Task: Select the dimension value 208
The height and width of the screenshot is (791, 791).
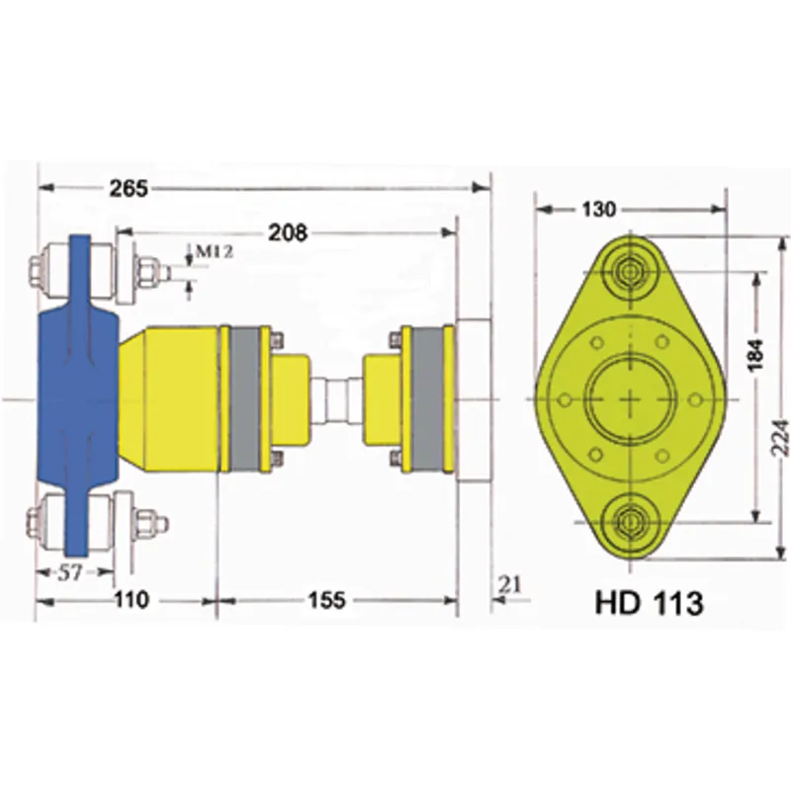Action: tap(288, 232)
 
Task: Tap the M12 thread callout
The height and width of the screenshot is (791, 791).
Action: tap(213, 252)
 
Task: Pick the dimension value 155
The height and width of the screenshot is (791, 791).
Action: tap(326, 599)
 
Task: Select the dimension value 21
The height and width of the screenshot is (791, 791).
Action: tap(510, 585)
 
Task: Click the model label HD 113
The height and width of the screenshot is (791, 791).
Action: tap(649, 603)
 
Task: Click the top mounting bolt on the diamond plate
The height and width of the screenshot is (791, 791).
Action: tap(630, 270)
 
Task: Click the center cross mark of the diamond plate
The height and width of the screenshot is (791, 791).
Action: tap(631, 398)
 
